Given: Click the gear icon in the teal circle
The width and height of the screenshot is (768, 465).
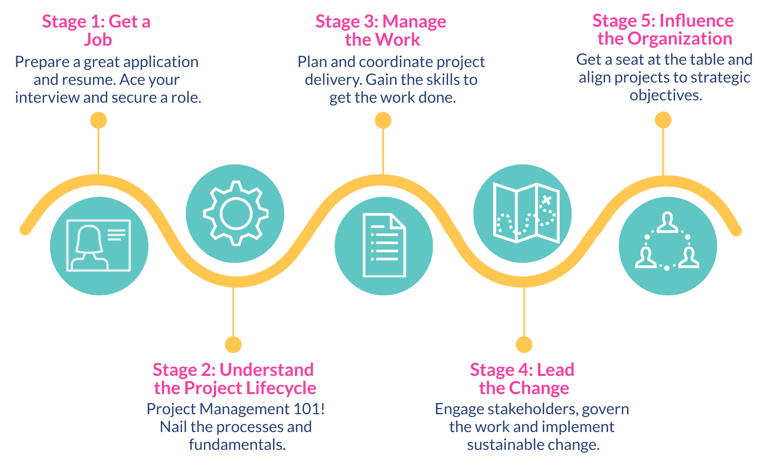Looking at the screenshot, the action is click(236, 213).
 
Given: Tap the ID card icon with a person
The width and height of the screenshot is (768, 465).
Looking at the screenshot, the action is click(99, 245).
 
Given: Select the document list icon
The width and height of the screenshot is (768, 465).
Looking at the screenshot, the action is click(384, 245).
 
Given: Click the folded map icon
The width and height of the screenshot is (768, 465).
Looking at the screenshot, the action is click(526, 213).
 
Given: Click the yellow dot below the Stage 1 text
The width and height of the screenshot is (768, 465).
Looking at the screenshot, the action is click(98, 121).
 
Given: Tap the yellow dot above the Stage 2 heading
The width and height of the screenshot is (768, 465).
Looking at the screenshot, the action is click(233, 344).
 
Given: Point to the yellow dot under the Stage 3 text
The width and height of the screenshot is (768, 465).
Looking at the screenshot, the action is click(383, 121).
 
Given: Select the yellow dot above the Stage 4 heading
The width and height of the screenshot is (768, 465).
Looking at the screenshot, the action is click(524, 344).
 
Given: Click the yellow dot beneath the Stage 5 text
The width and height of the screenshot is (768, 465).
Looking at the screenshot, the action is click(663, 120).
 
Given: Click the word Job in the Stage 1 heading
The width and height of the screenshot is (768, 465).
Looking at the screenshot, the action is click(98, 40).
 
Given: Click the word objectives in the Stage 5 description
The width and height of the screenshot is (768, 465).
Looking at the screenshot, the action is click(666, 95).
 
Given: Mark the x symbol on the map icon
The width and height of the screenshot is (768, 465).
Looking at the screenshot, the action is click(546, 200).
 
